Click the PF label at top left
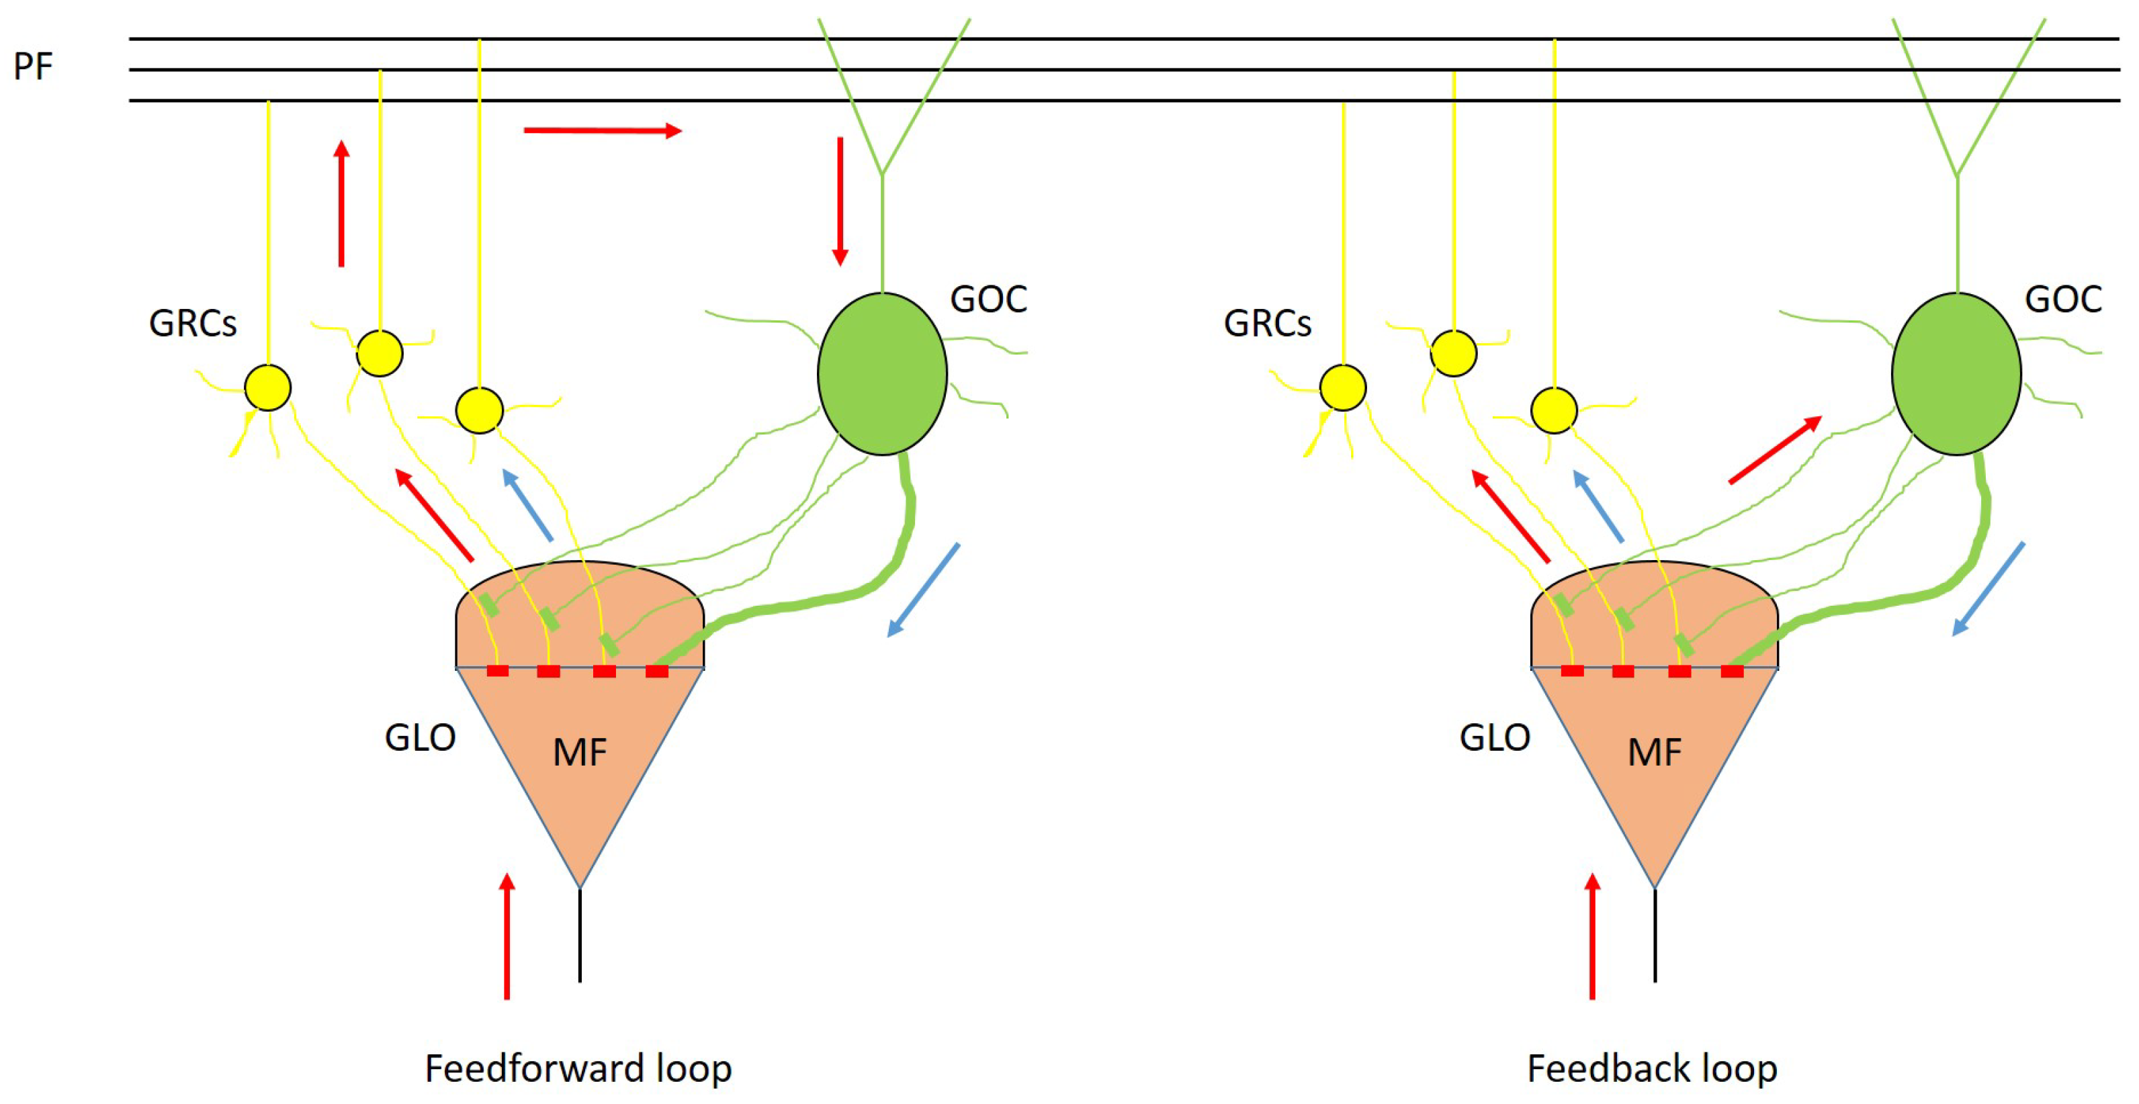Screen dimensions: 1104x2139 [x=33, y=66]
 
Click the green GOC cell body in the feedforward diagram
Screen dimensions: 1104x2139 [x=882, y=373]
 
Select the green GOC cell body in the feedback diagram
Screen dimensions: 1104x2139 [x=1956, y=373]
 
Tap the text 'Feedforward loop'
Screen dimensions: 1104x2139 [x=578, y=1068]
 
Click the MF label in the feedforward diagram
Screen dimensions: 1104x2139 [x=580, y=753]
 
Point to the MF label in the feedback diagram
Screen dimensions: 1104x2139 [x=1654, y=753]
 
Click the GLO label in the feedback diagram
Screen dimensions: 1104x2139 [x=1495, y=737]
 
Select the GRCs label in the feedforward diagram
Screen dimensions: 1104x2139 [x=193, y=324]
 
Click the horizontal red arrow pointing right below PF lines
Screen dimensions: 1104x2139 [x=602, y=130]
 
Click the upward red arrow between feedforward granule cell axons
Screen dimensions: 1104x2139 [x=341, y=203]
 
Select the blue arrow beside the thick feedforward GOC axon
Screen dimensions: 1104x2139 [x=923, y=590]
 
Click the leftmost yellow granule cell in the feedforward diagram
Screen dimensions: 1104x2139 [x=268, y=387]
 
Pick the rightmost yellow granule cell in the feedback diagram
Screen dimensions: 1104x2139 [x=1554, y=410]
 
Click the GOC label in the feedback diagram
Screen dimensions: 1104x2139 [x=2062, y=299]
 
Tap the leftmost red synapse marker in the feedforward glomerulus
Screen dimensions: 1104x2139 [x=497, y=671]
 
